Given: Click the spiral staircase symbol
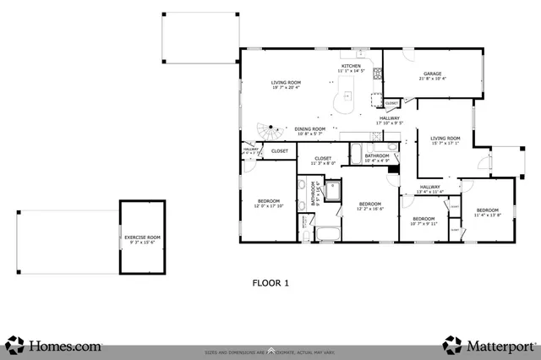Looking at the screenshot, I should pos(270,134).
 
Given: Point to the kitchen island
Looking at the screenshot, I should pos(346,101).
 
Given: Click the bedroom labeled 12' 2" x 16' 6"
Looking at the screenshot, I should pos(370,205).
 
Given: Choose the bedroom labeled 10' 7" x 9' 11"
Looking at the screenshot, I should pos(425,221).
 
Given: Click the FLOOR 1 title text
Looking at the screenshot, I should pos(271,284).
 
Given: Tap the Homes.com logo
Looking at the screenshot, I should pos(55,345).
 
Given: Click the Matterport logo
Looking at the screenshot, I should pos(489,345).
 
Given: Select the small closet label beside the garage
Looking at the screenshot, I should pos(391,103).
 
